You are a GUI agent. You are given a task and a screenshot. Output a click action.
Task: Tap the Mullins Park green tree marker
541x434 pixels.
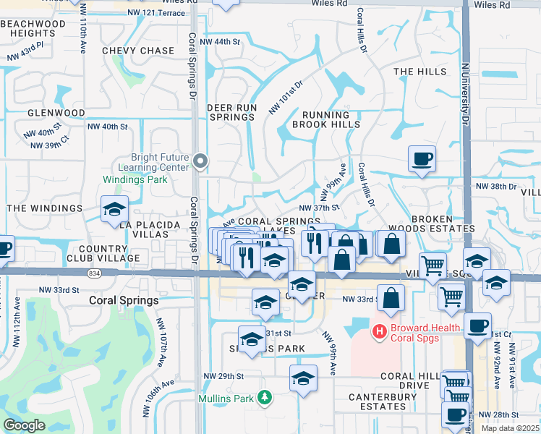265,397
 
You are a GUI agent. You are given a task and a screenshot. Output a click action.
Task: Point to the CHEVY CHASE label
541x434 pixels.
138,51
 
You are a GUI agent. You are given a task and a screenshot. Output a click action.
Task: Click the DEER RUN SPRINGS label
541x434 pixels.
232,112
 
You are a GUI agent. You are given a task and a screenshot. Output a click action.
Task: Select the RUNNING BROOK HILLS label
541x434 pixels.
325,119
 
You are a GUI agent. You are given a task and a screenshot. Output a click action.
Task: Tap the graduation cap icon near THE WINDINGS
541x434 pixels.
114,209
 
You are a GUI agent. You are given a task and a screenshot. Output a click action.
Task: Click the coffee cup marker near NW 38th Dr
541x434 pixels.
422,158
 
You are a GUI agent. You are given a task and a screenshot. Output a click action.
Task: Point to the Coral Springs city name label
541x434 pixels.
124,300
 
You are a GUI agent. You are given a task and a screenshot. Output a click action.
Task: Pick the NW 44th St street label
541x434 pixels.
220,42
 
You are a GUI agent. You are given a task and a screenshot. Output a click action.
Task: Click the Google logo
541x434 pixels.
24,425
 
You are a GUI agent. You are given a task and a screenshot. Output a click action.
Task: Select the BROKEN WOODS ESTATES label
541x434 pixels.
432,224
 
